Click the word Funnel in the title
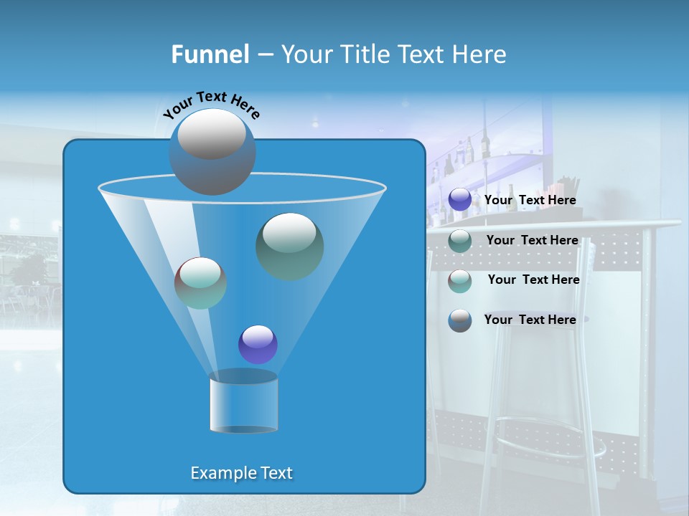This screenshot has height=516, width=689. pyautogui.click(x=210, y=54)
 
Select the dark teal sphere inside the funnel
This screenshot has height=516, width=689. pyautogui.click(x=289, y=246)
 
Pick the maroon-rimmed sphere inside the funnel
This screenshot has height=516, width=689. pyautogui.click(x=200, y=282)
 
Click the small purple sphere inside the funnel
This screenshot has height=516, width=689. pyautogui.click(x=258, y=344)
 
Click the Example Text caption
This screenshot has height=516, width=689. pyautogui.click(x=241, y=473)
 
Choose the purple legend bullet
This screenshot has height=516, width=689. pyautogui.click(x=460, y=200)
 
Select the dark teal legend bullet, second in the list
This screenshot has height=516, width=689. pyautogui.click(x=460, y=240)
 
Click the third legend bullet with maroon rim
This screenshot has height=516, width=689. pyautogui.click(x=460, y=280)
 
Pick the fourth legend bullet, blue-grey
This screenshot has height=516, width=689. pyautogui.click(x=460, y=320)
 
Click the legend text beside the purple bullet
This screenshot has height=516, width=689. pyautogui.click(x=530, y=201)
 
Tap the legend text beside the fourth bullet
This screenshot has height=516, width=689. pyautogui.click(x=530, y=320)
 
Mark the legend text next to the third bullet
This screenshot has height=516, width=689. pyautogui.click(x=533, y=279)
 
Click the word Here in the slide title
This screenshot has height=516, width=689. pyautogui.click(x=479, y=54)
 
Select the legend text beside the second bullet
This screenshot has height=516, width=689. pyautogui.click(x=532, y=240)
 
